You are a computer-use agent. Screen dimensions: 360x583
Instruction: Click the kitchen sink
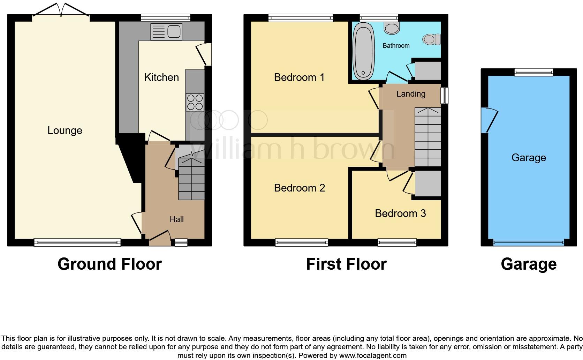coord(166,32)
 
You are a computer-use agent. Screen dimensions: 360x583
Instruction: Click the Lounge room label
coord(65,130)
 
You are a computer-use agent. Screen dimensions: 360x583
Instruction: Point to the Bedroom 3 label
coord(400,213)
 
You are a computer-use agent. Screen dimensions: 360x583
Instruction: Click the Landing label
coord(411,93)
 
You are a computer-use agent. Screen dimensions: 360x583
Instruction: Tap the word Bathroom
coord(396,46)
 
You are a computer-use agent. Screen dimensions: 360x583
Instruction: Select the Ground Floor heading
coord(109,264)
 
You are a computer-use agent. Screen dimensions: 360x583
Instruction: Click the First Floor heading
coord(346,264)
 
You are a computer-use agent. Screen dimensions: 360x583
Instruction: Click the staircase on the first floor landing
coord(427,137)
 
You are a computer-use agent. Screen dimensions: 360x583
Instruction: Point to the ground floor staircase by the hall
coord(191,179)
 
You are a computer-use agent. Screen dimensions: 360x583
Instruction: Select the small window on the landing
coord(444,95)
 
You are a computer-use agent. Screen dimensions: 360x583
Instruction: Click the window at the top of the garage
coord(534,72)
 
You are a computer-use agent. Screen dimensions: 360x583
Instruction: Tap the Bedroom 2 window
coord(301,242)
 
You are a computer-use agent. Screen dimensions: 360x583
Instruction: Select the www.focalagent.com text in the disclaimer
coord(373,356)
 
